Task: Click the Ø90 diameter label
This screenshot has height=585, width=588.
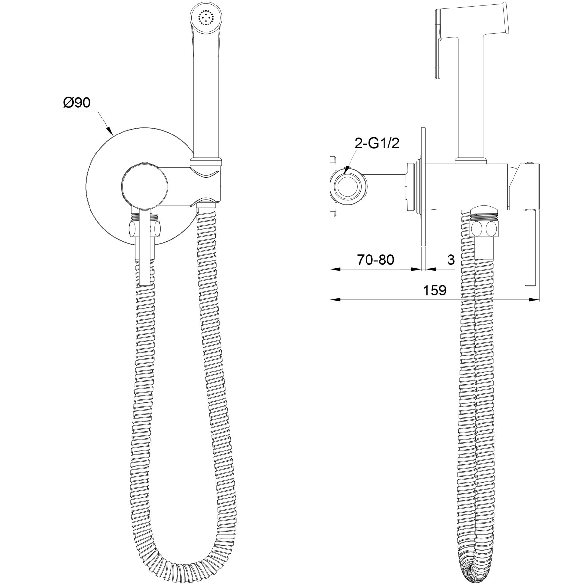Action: coord(76,103)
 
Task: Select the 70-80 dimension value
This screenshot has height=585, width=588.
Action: coord(376,260)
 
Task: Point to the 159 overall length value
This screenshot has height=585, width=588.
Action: coord(434,290)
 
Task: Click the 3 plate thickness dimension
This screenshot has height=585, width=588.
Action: coord(451,260)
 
